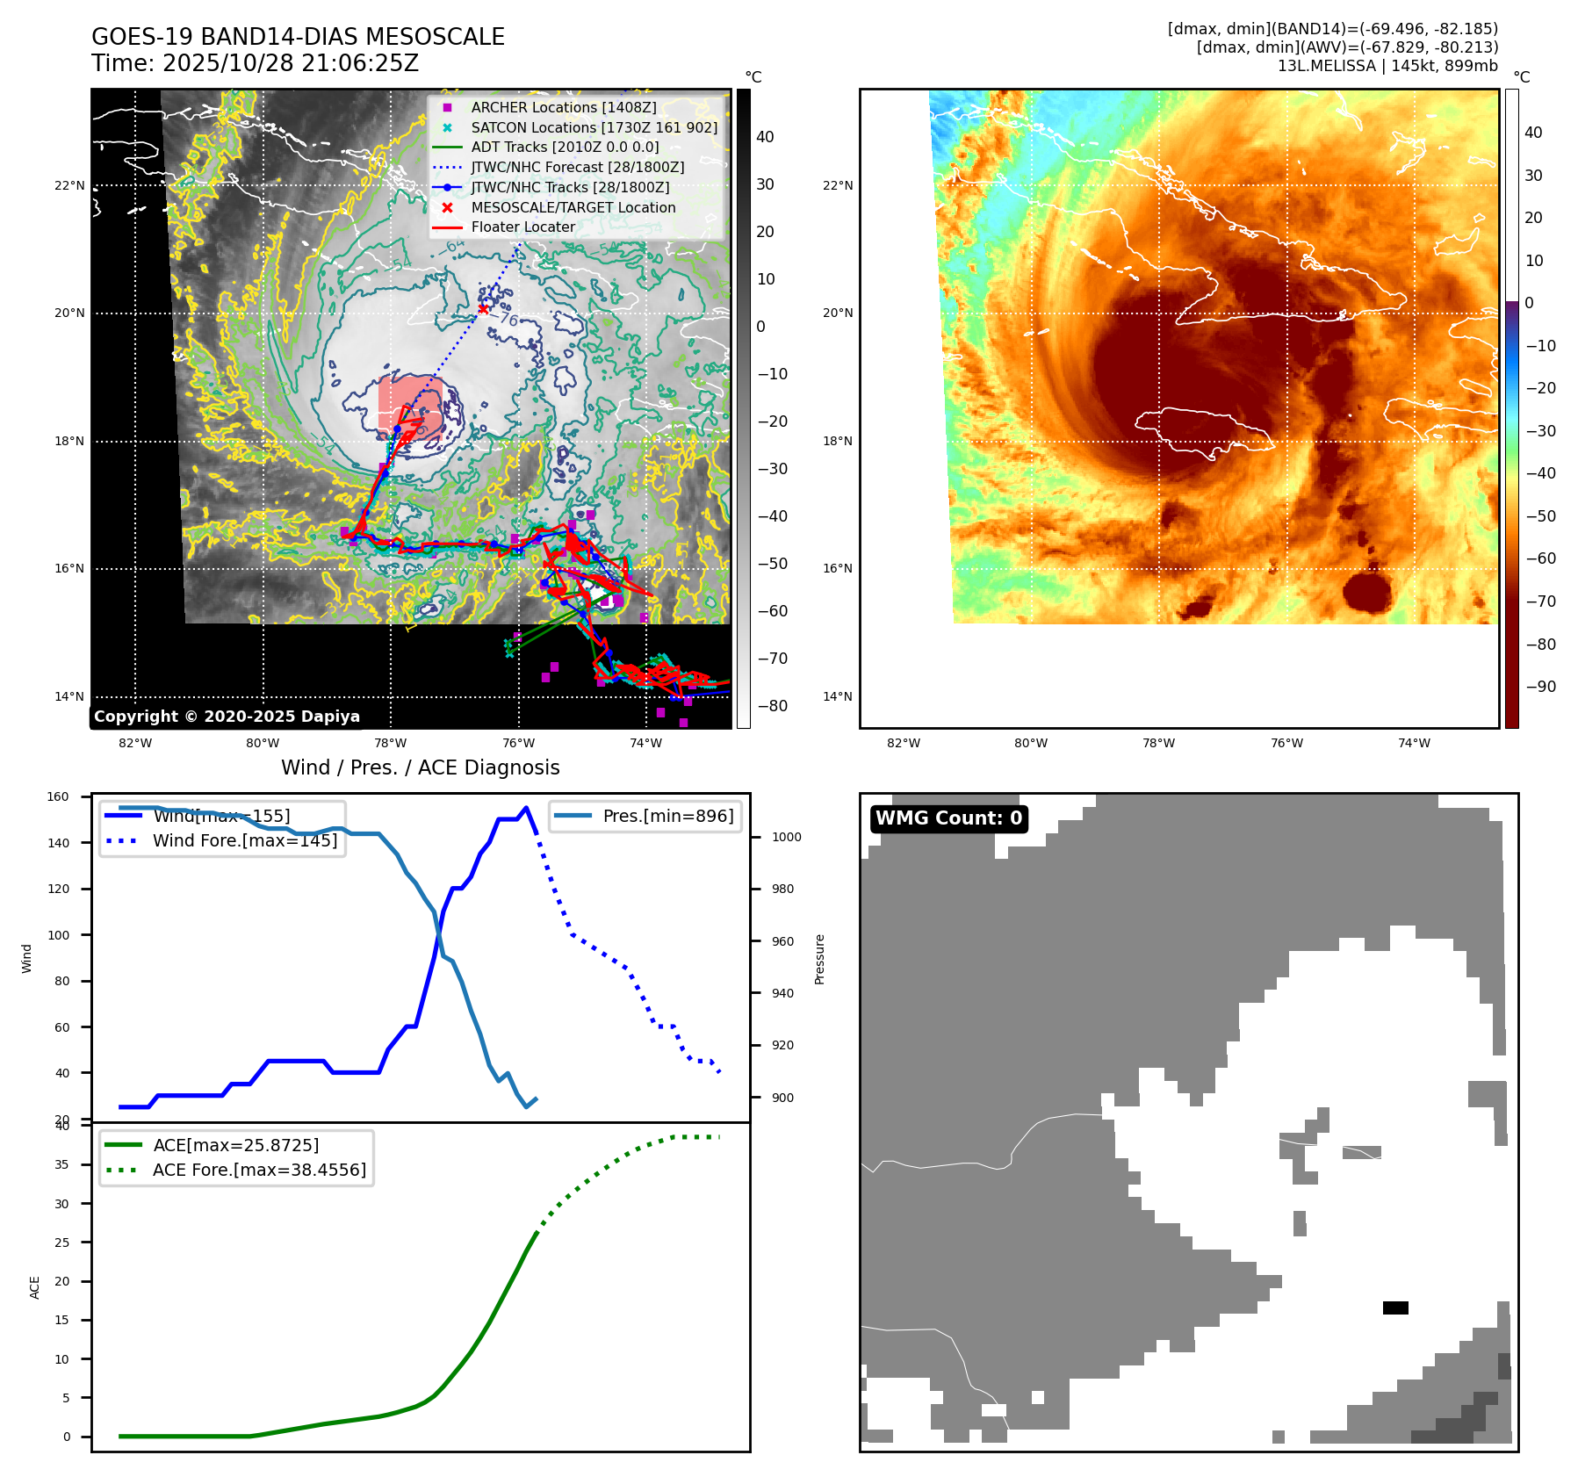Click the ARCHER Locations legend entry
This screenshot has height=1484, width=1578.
pos(563,107)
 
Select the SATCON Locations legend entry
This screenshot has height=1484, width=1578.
pos(594,127)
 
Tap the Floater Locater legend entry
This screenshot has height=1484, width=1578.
pos(522,227)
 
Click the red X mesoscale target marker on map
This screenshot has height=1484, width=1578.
pos(483,309)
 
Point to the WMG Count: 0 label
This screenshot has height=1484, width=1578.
pos(948,818)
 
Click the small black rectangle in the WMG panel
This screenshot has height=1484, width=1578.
pos(1394,1308)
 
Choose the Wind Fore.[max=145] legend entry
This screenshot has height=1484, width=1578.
pos(244,840)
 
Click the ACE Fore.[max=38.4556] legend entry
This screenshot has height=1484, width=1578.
pos(259,1170)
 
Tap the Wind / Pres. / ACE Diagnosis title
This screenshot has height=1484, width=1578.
pos(420,767)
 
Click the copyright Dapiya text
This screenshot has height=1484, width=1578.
pos(227,717)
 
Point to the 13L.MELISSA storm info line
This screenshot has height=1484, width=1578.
pos(1387,66)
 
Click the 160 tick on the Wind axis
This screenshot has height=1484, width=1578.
pos(58,796)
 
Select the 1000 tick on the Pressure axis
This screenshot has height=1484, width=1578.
pos(786,837)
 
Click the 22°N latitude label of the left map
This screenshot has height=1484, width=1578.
pos(70,185)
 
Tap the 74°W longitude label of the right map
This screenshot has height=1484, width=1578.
pos(1413,743)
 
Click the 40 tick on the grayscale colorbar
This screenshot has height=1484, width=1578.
pos(765,136)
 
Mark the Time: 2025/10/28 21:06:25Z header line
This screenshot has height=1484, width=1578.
pos(255,63)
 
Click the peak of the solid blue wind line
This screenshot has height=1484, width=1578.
pos(526,808)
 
